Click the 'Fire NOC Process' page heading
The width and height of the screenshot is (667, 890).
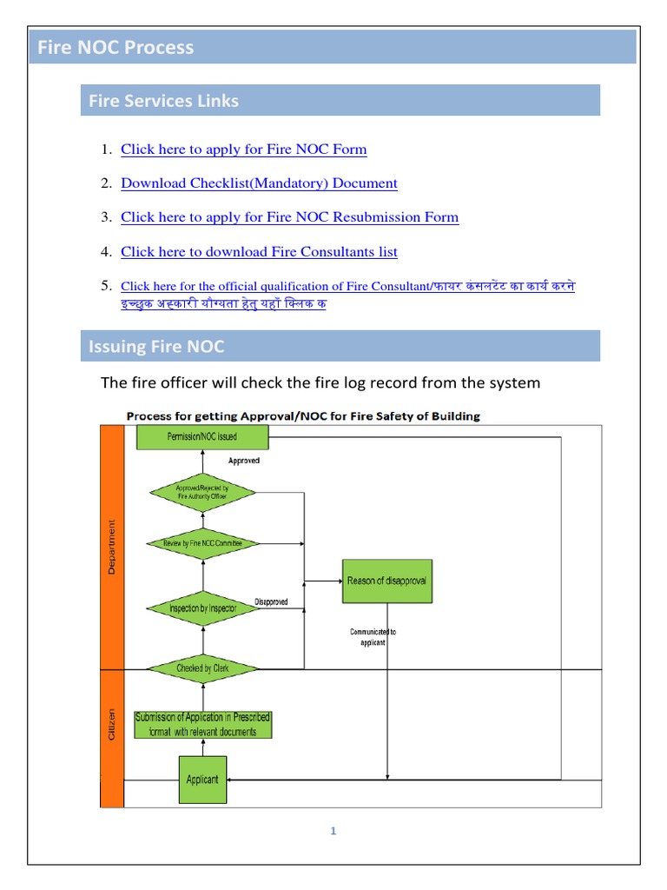[x=116, y=48]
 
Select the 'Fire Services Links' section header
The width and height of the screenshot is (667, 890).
[x=163, y=101]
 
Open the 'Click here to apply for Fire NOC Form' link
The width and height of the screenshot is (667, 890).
[x=243, y=149]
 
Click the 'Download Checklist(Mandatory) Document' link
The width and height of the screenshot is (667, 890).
[x=259, y=183]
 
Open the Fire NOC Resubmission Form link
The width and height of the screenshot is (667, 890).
[x=289, y=217]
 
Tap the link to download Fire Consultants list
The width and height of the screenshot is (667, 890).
[x=259, y=252]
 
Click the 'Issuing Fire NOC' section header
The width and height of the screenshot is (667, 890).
[x=156, y=347]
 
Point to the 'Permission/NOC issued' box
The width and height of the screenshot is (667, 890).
[x=202, y=436]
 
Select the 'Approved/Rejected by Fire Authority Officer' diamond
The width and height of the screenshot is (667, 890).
[x=202, y=493]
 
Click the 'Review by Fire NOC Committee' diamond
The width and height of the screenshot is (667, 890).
[x=202, y=543]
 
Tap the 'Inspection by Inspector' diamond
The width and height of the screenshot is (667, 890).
[x=202, y=608]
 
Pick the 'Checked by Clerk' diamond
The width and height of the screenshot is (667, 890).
[x=202, y=668]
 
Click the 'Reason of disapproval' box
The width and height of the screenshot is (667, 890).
[x=386, y=581]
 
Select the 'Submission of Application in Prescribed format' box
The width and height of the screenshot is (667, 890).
[x=202, y=725]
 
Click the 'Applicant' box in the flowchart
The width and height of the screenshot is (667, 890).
[x=202, y=780]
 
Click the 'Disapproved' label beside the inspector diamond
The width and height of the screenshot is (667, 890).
[x=271, y=601]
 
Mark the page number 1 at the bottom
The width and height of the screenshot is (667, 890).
[x=333, y=831]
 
